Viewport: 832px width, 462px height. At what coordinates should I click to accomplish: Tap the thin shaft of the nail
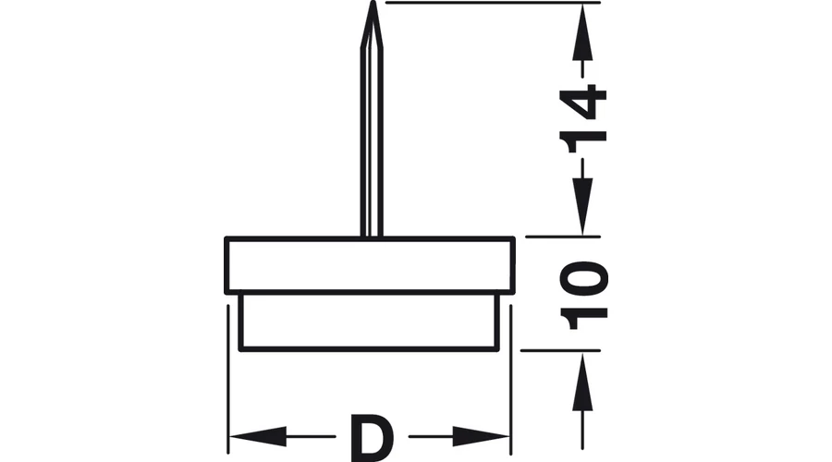(x=371, y=139)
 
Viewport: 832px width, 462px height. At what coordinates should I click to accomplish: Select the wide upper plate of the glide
(x=370, y=265)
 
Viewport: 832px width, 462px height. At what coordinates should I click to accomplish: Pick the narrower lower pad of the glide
(x=370, y=322)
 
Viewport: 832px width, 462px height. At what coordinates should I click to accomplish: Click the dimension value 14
(x=584, y=115)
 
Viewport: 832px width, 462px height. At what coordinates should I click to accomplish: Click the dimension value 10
(x=584, y=295)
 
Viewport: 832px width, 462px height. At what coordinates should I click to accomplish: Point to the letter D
(x=371, y=438)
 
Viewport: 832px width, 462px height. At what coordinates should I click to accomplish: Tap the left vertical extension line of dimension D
(x=227, y=370)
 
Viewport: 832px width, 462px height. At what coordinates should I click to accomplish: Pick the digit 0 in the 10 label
(x=584, y=276)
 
